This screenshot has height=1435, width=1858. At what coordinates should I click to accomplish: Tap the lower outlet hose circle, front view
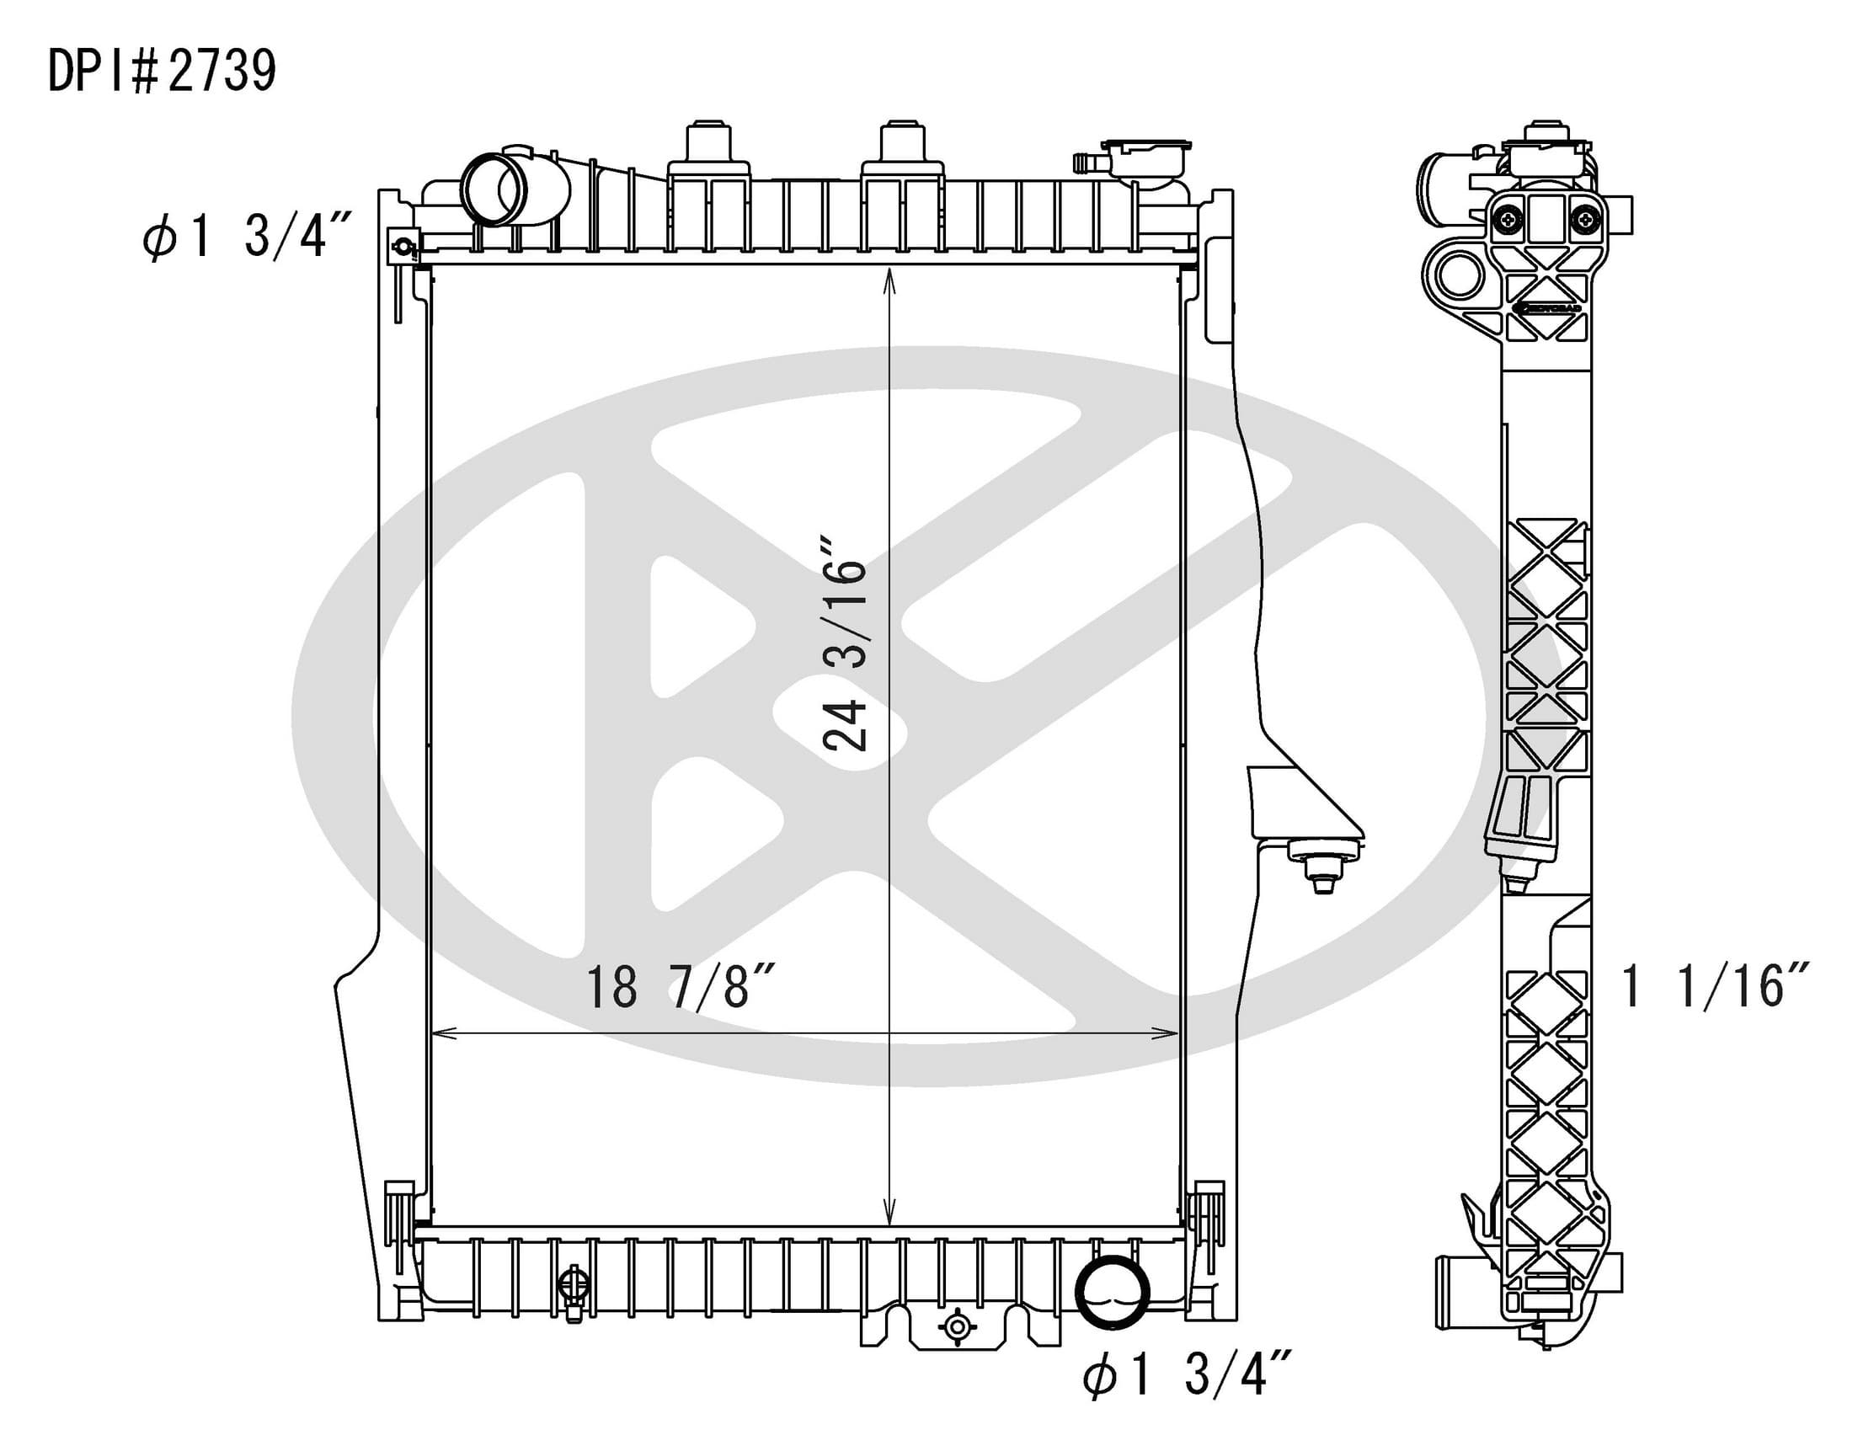[x=1112, y=1292]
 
